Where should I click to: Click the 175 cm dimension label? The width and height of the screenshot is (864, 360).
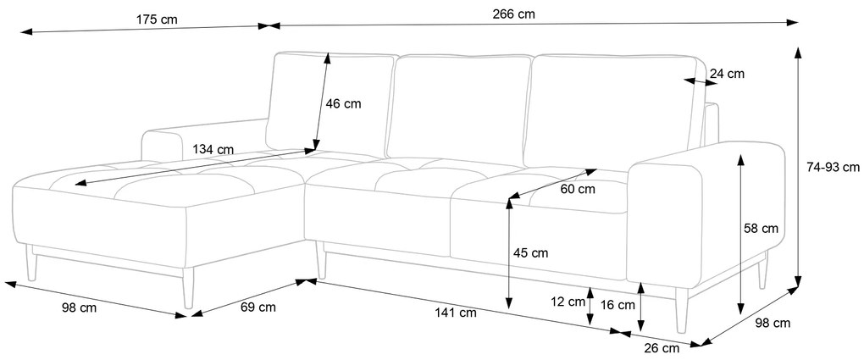pos(157,19)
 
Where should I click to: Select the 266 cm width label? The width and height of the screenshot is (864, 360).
pos(513,14)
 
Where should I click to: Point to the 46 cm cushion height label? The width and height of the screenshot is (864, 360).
pos(344,103)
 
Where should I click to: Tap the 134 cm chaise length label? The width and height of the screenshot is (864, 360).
pos(213,149)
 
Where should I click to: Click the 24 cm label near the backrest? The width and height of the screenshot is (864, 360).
pos(727,74)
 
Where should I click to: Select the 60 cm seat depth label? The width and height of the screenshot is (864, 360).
pos(578,189)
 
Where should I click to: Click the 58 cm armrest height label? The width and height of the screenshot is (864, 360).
pos(761,228)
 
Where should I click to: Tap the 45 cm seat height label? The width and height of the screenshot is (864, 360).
pos(530,253)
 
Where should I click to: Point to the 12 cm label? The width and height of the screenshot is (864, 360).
pos(568,302)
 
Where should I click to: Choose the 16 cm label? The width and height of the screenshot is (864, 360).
pos(618,304)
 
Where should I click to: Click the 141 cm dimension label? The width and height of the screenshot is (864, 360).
pos(456,313)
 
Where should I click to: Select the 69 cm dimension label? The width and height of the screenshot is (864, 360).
pos(258,307)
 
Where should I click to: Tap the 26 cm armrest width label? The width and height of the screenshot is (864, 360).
pos(662,348)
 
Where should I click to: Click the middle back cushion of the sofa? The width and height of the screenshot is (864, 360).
pos(458,108)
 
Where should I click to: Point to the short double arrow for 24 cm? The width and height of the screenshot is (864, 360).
pos(701,82)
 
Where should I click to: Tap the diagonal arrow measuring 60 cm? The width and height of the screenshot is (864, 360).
pos(551,184)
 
